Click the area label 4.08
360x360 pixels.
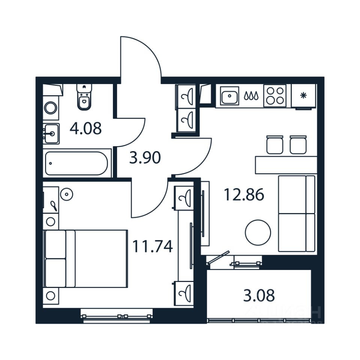85,129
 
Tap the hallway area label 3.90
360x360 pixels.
145,158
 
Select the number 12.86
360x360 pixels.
244,195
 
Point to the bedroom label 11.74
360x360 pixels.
152,246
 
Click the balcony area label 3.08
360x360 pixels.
259,295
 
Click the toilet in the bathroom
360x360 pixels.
84,97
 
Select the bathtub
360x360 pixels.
76,163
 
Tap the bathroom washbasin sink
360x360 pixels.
51,133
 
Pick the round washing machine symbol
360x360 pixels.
51,108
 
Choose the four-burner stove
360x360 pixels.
275,95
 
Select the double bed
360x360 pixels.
86,259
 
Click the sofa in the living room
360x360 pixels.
296,213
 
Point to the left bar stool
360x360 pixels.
275,145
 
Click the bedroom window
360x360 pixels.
117,316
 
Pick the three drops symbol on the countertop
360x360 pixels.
251,96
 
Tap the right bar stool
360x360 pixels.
298,145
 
